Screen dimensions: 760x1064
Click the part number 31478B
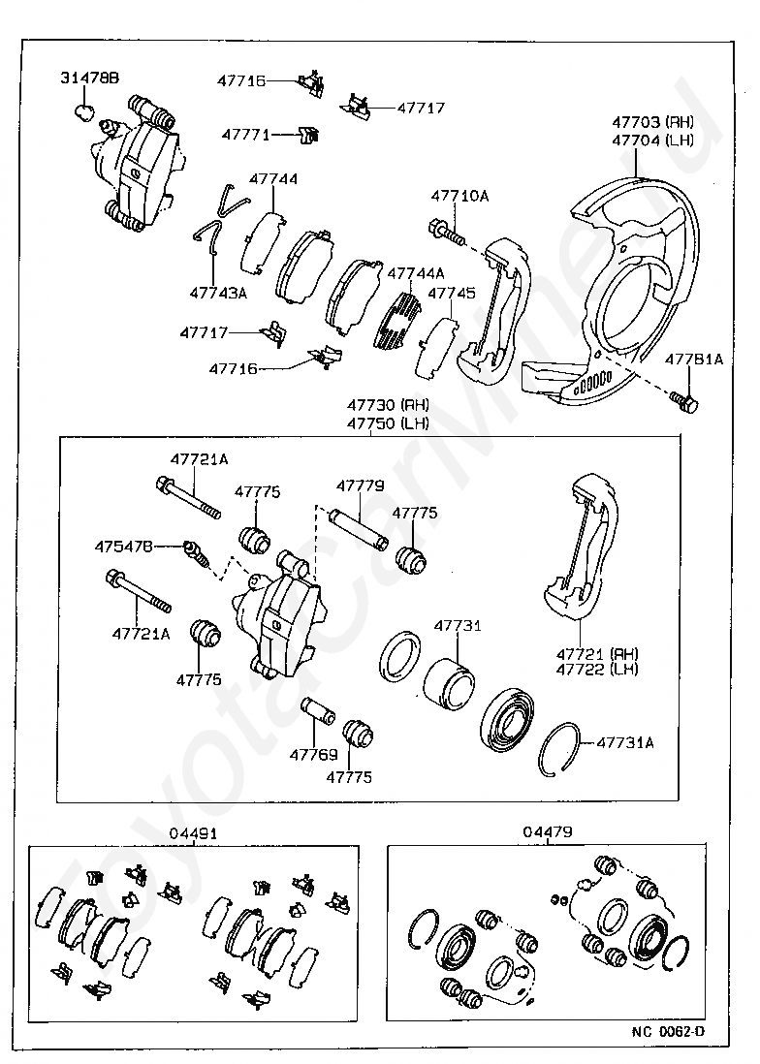coord(89,78)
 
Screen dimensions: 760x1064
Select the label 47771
coord(245,135)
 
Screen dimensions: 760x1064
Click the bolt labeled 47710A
coord(446,232)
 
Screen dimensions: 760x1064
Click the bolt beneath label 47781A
coord(684,401)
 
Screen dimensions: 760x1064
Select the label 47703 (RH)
coord(652,122)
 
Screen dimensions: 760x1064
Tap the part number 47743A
coord(218,293)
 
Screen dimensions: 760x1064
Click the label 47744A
coord(415,273)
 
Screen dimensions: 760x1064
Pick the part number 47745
coord(452,294)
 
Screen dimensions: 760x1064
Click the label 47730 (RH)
coord(388,405)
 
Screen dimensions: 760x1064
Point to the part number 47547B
coord(123,546)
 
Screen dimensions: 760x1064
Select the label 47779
coord(361,485)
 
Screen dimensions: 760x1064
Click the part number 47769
coord(313,754)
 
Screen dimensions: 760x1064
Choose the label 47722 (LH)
coord(597,669)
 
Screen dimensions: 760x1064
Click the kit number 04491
coord(194,832)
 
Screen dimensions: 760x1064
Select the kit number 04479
coord(548,831)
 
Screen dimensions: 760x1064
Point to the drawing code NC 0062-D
coord(669,1031)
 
